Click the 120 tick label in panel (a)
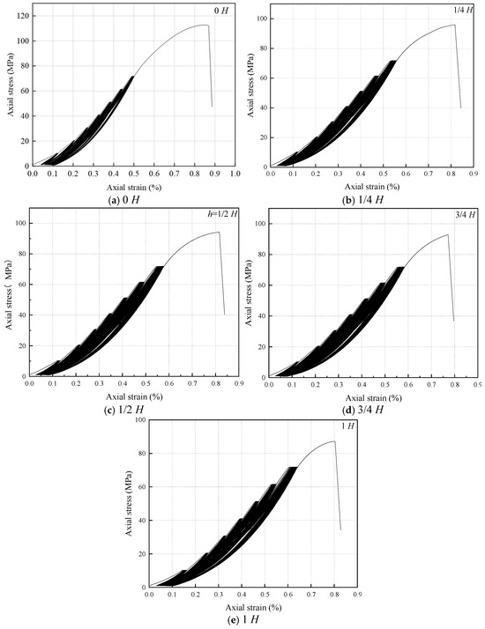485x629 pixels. click(22, 16)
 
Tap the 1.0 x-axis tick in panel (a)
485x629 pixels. click(235, 174)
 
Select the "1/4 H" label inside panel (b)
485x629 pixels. click(463, 10)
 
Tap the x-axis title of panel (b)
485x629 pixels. click(372, 186)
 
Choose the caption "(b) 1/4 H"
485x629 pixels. click(362, 199)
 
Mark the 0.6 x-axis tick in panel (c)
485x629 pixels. click(169, 384)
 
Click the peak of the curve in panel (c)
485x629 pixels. click(219, 232)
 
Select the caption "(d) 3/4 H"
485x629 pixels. click(362, 410)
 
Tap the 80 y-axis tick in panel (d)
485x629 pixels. click(262, 255)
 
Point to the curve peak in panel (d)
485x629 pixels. click(447, 234)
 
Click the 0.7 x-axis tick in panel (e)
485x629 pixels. click(310, 594)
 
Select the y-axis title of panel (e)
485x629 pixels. click(129, 504)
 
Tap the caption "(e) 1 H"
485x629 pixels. click(242, 620)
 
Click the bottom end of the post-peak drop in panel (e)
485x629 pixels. click(340, 530)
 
